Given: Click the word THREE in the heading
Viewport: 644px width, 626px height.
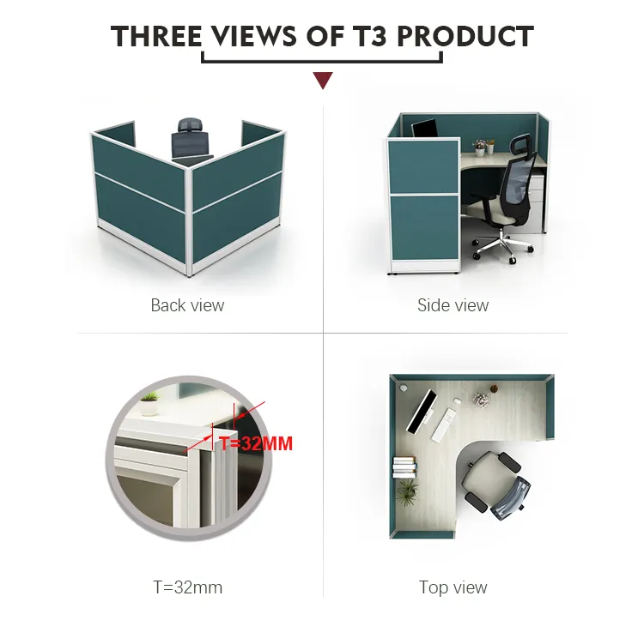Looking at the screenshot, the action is point(156,36).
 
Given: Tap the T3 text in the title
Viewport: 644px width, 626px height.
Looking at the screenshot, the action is point(369,36).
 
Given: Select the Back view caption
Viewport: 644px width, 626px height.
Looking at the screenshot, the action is point(187,305).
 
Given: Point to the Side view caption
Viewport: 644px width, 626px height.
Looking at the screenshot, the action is point(453,305).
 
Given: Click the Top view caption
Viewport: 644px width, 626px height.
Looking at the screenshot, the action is point(453,587).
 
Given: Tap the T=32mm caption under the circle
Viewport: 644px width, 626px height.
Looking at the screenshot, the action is point(188,587).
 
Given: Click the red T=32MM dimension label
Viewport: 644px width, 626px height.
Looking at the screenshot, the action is point(256,443).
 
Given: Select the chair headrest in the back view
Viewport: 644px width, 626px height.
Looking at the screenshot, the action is point(191,125).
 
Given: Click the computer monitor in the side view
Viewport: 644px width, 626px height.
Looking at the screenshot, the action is point(425,129).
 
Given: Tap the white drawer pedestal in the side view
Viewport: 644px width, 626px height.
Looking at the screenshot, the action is point(537,201).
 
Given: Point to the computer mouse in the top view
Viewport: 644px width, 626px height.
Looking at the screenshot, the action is point(456,400).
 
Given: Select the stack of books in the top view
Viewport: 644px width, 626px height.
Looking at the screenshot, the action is point(404,466).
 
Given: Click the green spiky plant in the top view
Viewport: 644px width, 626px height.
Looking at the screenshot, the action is point(407,491).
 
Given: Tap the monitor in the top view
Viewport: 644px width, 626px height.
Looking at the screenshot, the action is point(421,411).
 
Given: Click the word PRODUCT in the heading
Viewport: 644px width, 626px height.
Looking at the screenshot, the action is point(465,36).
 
